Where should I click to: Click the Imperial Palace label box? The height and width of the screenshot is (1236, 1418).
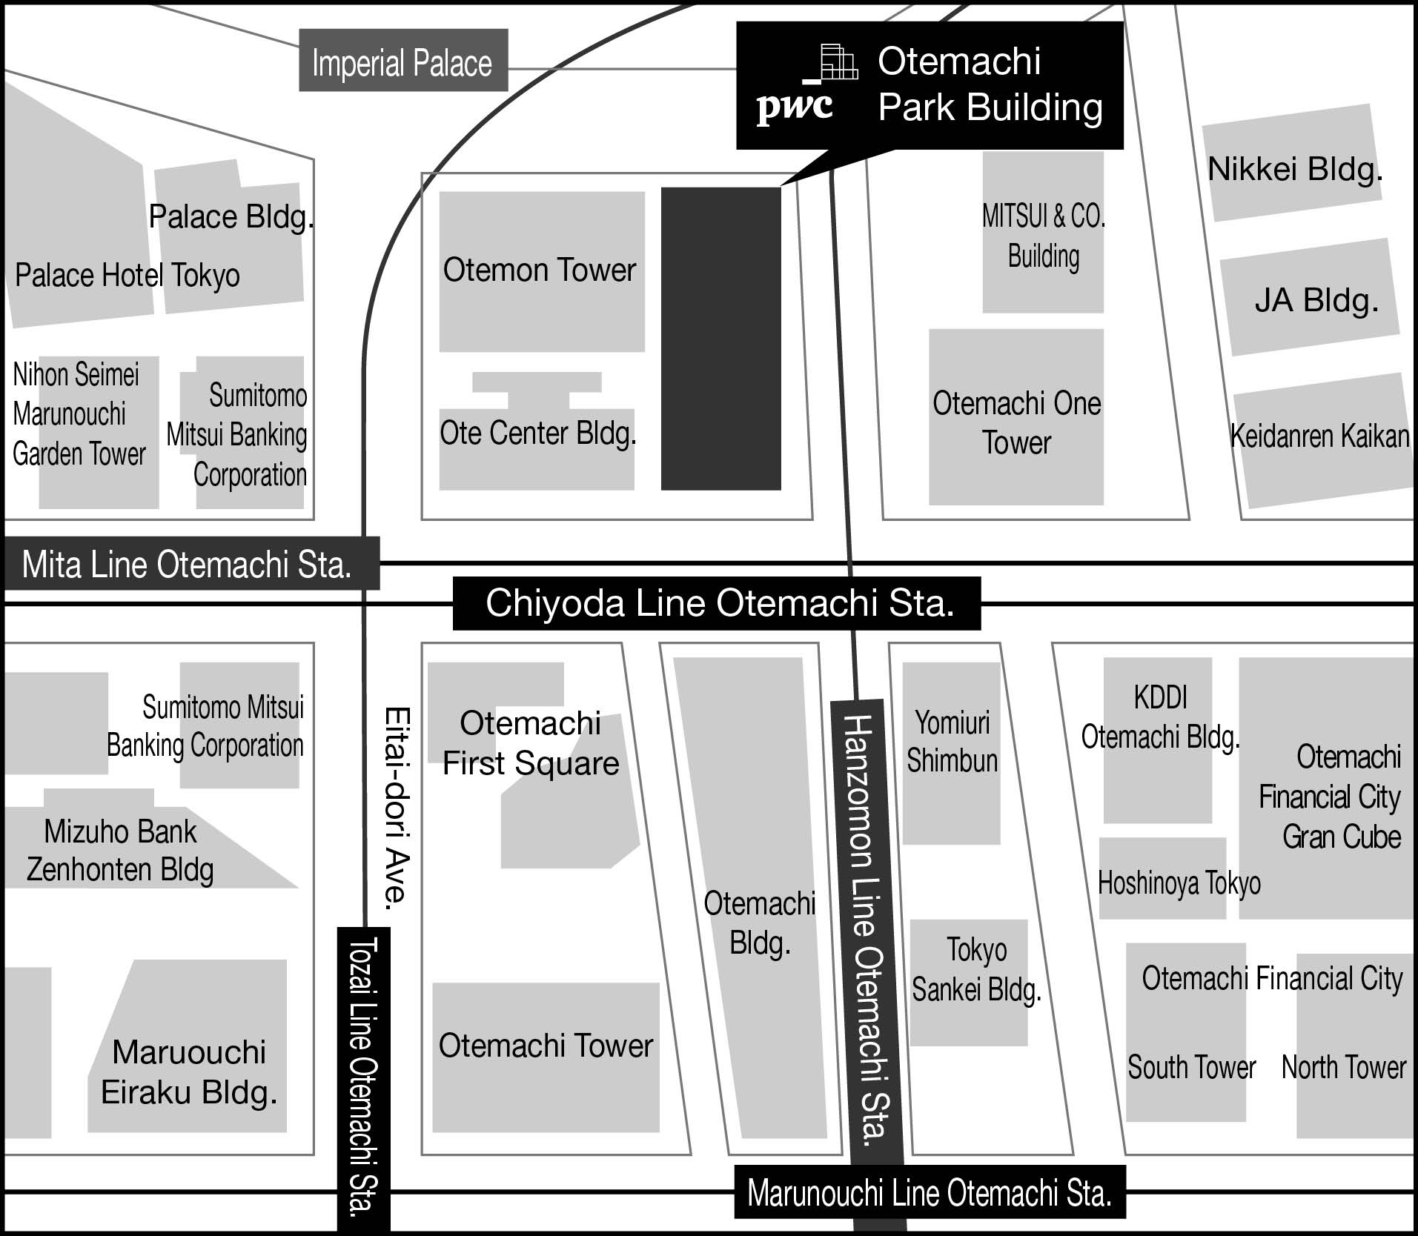point(403,62)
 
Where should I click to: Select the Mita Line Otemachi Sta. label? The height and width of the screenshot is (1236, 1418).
point(187,565)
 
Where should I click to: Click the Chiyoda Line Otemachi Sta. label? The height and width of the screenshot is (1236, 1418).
point(718,603)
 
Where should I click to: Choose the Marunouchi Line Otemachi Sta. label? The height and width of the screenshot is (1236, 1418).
point(929,1193)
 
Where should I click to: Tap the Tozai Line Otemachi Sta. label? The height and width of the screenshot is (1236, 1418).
point(363,1079)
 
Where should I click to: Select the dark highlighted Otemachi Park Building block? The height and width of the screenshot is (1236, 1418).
point(720,338)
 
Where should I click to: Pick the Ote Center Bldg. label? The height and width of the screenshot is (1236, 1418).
point(537,433)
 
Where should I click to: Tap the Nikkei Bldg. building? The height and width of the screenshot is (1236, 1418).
point(1294,169)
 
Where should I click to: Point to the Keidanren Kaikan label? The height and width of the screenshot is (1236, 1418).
point(1319,436)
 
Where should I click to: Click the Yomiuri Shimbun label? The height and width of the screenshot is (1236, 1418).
point(952,741)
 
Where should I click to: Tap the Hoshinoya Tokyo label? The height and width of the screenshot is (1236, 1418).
point(1179,883)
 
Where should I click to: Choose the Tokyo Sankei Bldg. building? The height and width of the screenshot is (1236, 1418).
point(975,971)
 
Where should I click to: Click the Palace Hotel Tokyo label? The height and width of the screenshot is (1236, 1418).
point(127,276)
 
